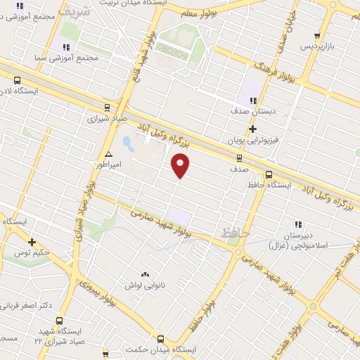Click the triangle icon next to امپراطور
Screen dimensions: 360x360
108,153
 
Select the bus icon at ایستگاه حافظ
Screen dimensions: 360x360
268,175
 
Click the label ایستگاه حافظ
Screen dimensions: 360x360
267,185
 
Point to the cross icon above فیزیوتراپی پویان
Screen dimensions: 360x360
252,129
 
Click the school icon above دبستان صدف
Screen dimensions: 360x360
253,101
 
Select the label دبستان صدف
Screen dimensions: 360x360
252,111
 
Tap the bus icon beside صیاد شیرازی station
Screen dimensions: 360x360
106,108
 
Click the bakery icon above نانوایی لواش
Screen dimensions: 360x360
145,274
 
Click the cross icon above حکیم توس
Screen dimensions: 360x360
32,242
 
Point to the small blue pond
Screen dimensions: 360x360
129,144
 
